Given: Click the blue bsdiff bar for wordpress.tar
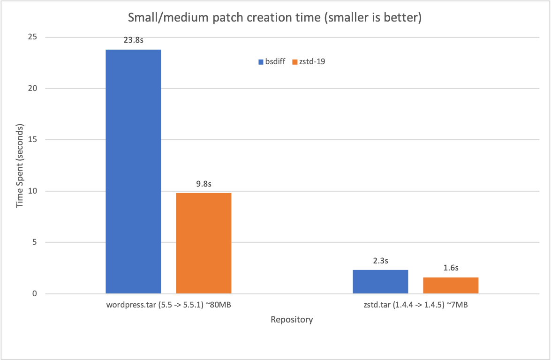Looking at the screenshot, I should [133, 172].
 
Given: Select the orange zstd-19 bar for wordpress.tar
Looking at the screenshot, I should [204, 243].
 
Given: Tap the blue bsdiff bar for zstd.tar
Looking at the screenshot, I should [380, 282].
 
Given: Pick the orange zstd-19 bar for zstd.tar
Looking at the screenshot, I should [451, 285].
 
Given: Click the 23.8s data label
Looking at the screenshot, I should [133, 40].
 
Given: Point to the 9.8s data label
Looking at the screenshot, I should [204, 184].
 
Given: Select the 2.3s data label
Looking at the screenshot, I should [380, 261].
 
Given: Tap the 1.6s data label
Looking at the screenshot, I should [451, 268].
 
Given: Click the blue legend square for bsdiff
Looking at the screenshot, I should [261, 61].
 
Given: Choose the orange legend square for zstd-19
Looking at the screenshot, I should [294, 61].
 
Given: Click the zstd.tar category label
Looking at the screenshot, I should [415, 306].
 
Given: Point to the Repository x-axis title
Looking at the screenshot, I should [292, 320].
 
